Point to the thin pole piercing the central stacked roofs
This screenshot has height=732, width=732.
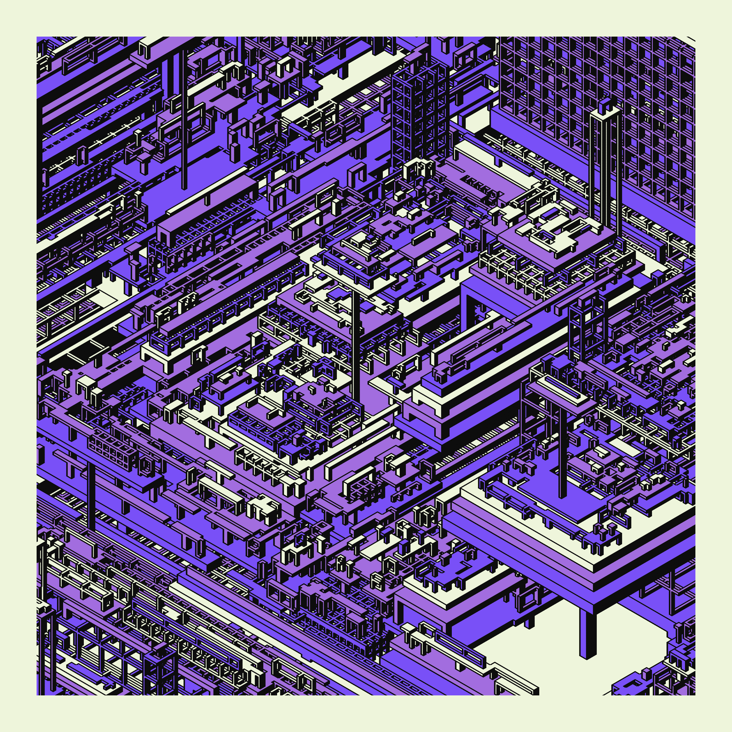tap(356, 341)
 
